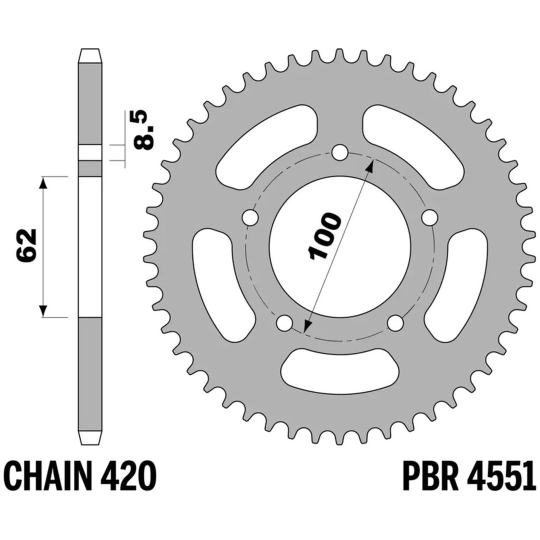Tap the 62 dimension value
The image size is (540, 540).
pos(26,245)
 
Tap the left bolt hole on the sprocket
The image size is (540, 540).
pos(250,217)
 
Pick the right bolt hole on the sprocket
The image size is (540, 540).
pos(430,217)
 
